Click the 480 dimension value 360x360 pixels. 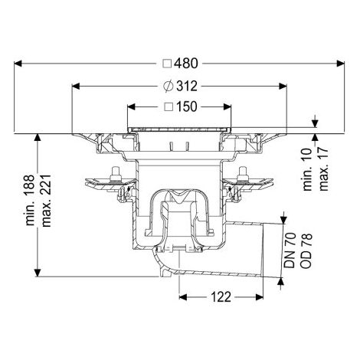click(x=186, y=64)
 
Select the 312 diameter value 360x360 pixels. click(x=187, y=87)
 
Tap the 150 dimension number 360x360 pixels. click(x=187, y=106)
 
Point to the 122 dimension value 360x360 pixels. click(x=221, y=297)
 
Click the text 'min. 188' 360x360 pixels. click(x=30, y=200)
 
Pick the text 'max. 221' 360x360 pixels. click(x=47, y=201)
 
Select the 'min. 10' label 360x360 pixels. click(x=308, y=169)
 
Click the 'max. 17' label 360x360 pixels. click(x=323, y=169)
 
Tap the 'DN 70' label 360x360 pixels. click(x=290, y=250)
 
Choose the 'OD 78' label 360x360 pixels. click(x=306, y=250)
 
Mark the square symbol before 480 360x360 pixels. click(x=167, y=64)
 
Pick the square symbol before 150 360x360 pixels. click(x=169, y=106)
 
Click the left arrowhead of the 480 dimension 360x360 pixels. click(x=18, y=64)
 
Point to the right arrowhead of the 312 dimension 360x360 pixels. click(x=283, y=87)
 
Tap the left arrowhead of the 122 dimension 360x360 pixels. click(x=183, y=297)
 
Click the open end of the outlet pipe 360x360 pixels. click(x=263, y=250)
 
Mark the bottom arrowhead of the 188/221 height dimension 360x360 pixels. click(x=38, y=273)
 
